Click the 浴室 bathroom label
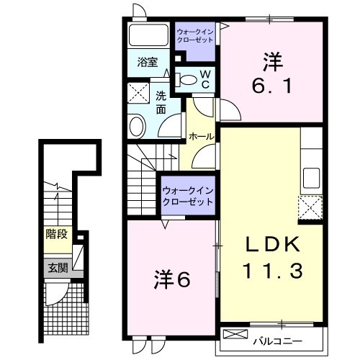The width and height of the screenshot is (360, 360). tap(148, 63)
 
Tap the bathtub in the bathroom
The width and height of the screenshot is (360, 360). tap(148, 35)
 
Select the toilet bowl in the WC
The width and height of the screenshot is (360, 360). tap(188, 80)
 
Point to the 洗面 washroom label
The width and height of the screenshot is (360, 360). tap(161, 103)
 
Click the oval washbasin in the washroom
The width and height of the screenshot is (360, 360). tap(138, 127)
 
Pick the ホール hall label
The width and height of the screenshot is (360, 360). tap(201, 137)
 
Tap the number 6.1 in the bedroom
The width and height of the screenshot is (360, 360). tap(272, 86)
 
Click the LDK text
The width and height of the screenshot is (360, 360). tap(272, 244)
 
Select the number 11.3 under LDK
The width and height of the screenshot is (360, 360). tap(272, 271)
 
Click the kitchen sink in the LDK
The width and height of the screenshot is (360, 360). tap(311, 178)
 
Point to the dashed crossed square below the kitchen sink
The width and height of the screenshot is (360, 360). tap(310, 207)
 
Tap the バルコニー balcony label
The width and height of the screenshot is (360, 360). tap(278, 341)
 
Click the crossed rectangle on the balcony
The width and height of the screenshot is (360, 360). tap(235, 334)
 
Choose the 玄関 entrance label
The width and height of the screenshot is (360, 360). tap(58, 268)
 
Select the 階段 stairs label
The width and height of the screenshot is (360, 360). tap(56, 234)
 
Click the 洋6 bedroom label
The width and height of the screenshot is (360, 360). tap(172, 279)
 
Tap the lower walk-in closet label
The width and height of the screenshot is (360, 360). tap(188, 197)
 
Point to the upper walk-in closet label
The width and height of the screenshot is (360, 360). tap(195, 35)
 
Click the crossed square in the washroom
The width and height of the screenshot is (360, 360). tap(138, 93)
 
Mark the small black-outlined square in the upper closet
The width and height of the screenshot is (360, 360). tap(178, 58)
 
